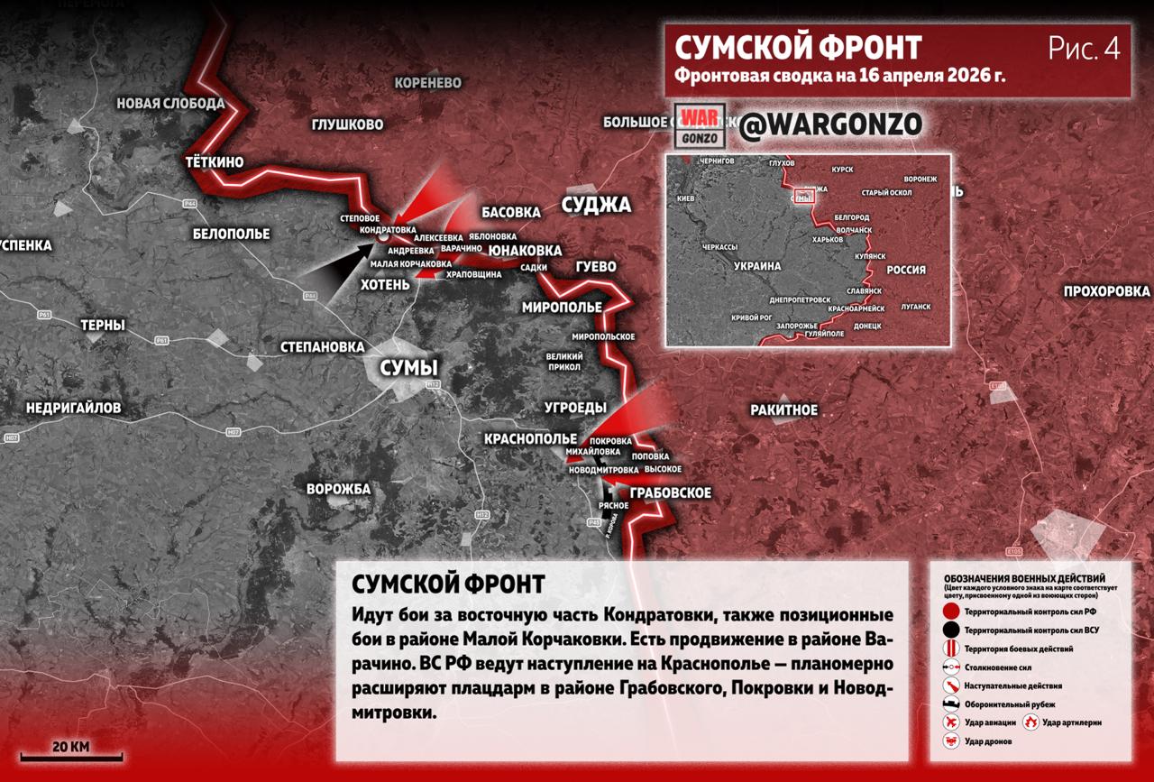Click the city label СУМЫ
tap(408, 368)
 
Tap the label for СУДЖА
tap(596, 205)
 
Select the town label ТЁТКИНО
tap(214, 162)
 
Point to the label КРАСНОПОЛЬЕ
tap(530, 438)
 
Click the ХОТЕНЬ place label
tap(385, 284)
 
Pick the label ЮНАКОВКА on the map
tap(525, 250)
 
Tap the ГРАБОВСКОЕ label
tap(671, 493)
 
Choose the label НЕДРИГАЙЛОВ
tap(73, 408)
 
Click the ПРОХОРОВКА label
tap(1106, 291)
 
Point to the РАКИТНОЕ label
tap(783, 410)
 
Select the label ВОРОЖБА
tap(338, 489)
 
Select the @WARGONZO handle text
tap(829, 125)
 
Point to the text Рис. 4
tap(1084, 49)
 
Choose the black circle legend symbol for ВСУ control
tap(950, 630)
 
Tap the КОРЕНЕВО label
tap(427, 83)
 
